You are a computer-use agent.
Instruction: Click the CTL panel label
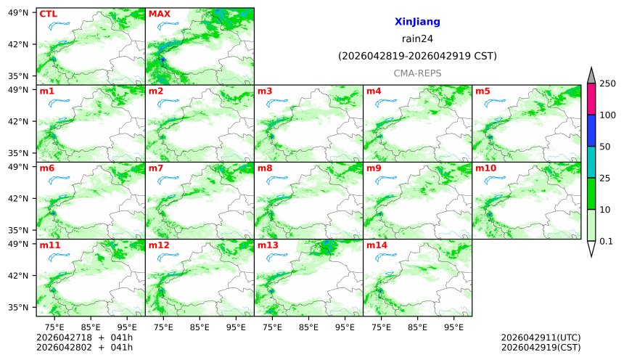point(48,14)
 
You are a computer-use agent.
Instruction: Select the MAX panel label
point(159,14)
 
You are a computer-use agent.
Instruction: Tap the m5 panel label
point(483,91)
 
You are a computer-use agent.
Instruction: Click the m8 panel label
point(265,168)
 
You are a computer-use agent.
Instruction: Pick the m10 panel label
point(485,168)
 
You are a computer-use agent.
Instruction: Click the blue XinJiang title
point(417,22)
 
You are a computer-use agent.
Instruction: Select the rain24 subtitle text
point(417,39)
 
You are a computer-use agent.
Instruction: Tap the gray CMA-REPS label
point(417,73)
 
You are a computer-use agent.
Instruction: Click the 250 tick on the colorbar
point(608,83)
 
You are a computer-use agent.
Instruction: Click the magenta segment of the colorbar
point(591,99)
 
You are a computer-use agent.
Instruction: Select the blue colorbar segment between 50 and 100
point(591,131)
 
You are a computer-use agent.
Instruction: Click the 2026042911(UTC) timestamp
point(541,337)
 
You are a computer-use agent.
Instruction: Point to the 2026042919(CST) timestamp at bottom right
point(541,347)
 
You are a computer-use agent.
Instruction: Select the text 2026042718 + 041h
point(79,337)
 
